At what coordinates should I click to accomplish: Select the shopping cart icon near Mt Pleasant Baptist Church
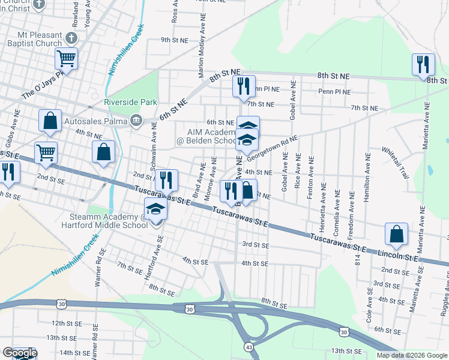[66, 59]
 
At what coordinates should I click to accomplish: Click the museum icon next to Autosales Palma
[137, 120]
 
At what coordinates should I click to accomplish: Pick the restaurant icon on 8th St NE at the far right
[423, 64]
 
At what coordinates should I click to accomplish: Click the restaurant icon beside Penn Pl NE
[243, 85]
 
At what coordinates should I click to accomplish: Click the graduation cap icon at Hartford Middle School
[156, 209]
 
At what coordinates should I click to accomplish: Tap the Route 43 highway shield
[248, 346]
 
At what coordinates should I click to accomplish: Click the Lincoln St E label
[398, 256]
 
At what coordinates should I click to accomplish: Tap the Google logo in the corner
[19, 353]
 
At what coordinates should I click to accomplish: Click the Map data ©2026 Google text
[412, 355]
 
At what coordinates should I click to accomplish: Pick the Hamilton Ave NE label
[366, 173]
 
